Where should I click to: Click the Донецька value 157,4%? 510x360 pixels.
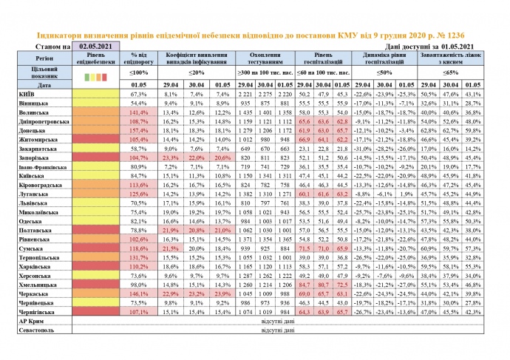pos(140,129)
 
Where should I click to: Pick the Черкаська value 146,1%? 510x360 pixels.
pos(140,294)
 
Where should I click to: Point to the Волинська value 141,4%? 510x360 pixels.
pos(140,112)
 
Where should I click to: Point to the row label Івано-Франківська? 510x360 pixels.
pos(43,166)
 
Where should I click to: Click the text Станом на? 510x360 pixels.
pos(45,46)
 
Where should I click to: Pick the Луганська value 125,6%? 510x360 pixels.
pos(140,194)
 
